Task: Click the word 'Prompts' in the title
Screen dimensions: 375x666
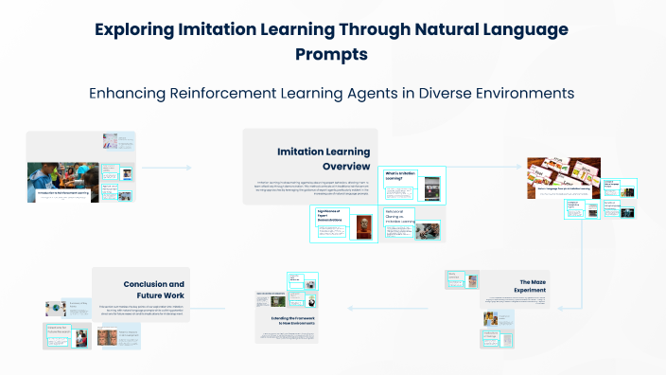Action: [332, 55]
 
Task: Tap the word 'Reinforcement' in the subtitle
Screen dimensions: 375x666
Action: [233, 94]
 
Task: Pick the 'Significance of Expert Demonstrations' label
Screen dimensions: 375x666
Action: [333, 217]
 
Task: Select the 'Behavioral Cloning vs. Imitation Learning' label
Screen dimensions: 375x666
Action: [400, 218]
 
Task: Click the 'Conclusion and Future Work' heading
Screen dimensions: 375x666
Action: [153, 290]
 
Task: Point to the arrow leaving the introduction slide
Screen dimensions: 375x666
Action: [180, 168]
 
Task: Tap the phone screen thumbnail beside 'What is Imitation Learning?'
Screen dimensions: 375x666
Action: [430, 187]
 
